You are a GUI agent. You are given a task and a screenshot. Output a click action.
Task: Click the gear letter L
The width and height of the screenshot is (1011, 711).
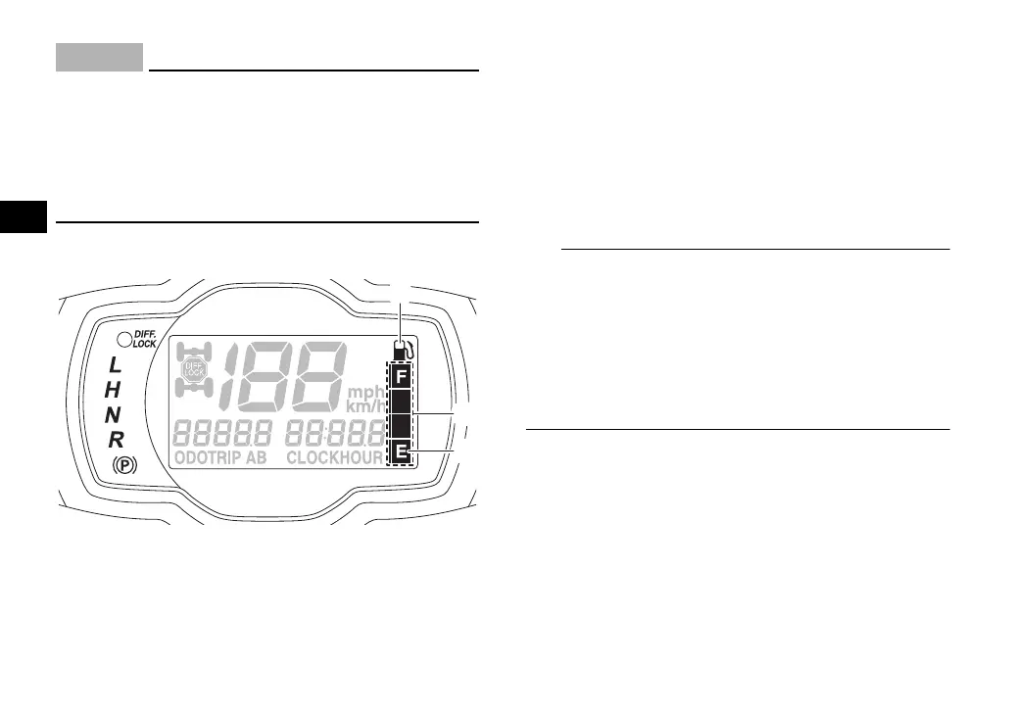[116, 366]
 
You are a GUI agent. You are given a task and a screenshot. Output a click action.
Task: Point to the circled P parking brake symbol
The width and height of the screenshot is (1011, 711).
[124, 465]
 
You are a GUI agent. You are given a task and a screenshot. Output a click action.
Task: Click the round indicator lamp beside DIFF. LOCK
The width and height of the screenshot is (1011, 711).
[122, 340]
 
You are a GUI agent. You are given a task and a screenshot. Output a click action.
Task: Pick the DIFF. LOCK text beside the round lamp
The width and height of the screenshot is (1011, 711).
[145, 340]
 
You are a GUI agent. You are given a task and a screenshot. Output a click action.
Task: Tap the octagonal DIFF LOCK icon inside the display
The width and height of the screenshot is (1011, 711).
[194, 371]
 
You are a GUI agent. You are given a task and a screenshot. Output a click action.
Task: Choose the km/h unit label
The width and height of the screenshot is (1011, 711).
[367, 406]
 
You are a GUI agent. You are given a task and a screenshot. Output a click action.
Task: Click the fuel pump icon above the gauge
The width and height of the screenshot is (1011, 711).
[401, 350]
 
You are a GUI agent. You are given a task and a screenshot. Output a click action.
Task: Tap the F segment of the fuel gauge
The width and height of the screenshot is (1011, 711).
[400, 376]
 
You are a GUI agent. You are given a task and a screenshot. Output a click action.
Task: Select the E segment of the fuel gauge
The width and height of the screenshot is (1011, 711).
[400, 451]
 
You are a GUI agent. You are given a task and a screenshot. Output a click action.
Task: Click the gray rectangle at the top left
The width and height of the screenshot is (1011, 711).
[99, 58]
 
